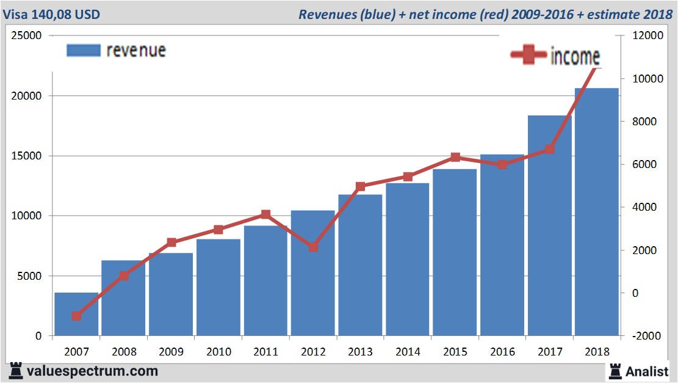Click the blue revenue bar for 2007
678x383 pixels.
76,314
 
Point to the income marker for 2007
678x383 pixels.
76,316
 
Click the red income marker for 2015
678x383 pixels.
455,158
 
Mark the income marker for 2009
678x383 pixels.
171,243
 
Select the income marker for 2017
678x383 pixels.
550,149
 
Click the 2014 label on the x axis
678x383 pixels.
408,352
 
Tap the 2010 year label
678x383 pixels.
218,352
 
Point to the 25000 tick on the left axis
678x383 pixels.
27,35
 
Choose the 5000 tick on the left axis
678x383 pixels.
29,276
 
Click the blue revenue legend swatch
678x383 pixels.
83,51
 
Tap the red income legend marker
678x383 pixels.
528,56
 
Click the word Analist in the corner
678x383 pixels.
647,371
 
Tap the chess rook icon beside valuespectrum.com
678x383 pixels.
16,370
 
